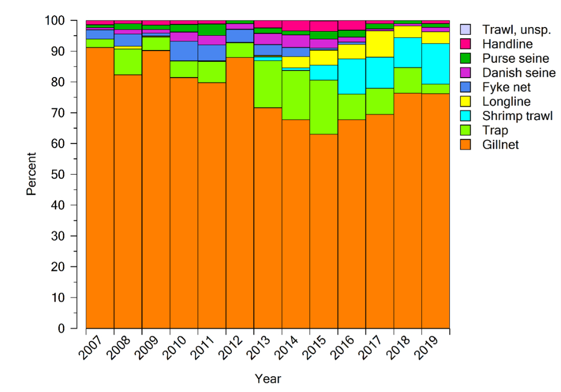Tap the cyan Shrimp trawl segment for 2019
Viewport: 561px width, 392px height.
click(435, 63)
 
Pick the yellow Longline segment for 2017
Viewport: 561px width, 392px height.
click(379, 44)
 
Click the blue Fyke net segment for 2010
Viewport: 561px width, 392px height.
click(184, 51)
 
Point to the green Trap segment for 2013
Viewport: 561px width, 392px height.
click(267, 84)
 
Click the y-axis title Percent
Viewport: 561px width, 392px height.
click(32, 174)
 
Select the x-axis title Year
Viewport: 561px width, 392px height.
click(267, 379)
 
